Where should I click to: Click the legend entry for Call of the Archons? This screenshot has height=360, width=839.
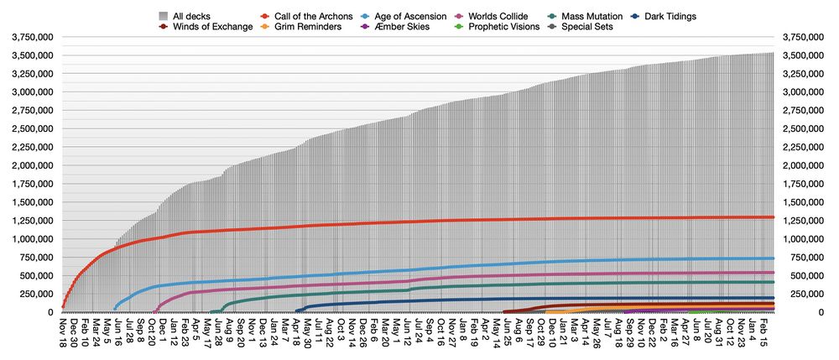click(x=306, y=16)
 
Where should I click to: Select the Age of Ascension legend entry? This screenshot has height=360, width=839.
click(x=409, y=16)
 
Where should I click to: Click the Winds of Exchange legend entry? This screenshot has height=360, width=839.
click(x=211, y=27)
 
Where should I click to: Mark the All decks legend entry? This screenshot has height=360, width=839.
click(x=191, y=16)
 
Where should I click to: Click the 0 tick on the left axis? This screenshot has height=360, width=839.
click(x=52, y=312)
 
